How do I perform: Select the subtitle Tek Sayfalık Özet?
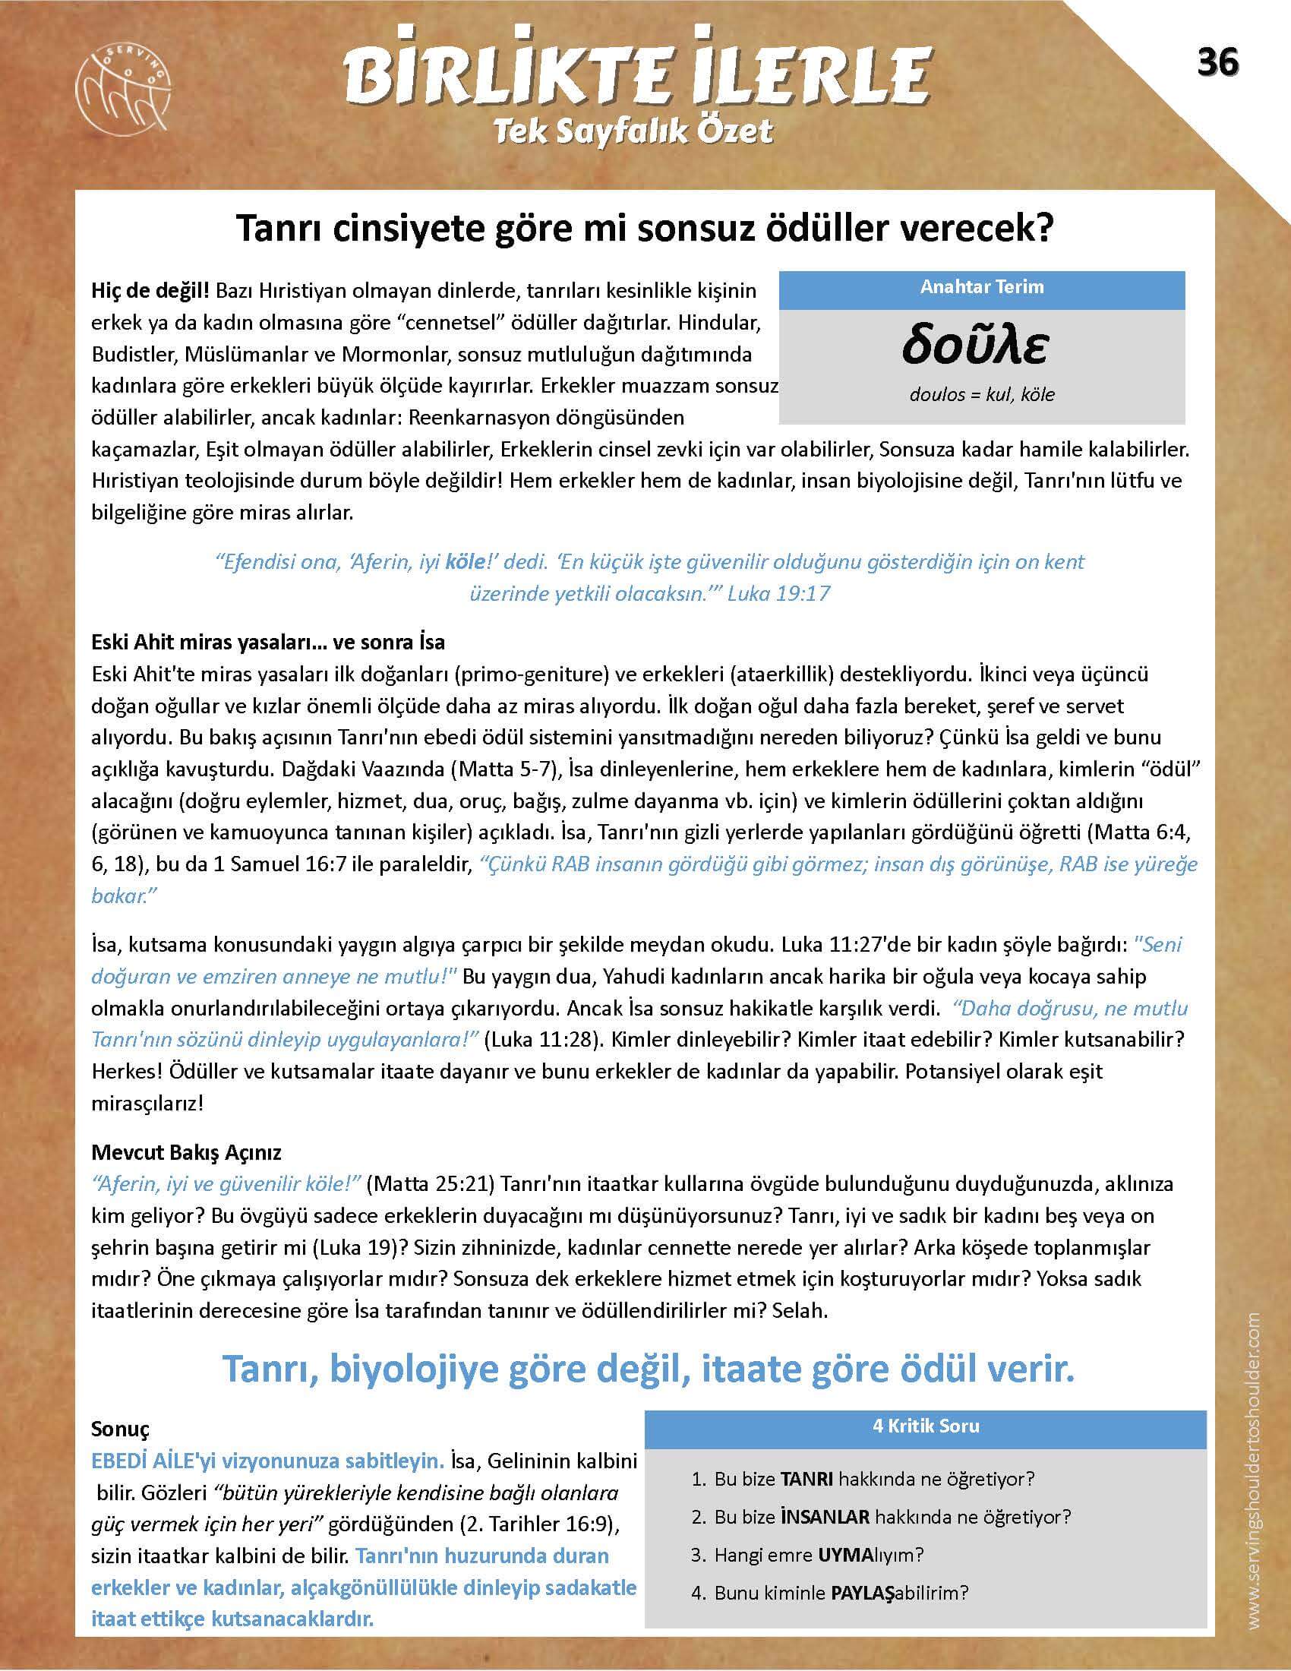633,131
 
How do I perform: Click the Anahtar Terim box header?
981,288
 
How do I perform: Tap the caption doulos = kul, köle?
981,395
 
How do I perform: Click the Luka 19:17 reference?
778,594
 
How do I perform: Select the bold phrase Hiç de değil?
150,291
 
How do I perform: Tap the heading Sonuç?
120,1429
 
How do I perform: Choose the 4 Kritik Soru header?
926,1426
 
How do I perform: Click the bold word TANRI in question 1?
806,1479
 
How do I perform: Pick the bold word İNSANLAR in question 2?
825,1517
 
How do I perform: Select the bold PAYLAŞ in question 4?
861,1593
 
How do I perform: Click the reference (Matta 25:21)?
431,1183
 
